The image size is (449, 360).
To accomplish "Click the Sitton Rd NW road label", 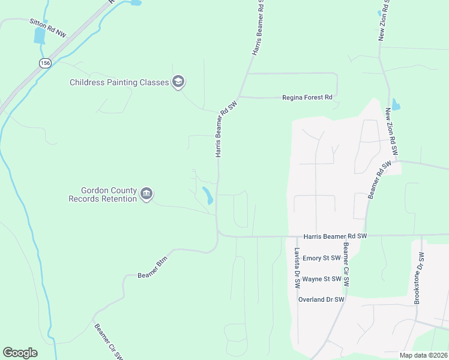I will pos(47,28).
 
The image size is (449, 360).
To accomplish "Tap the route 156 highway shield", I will pos(45,62).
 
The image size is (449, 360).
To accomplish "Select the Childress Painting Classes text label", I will pos(119,82).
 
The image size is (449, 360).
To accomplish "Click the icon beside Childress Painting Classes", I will pos(178,82).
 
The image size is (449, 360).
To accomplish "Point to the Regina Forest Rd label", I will pos(307,97).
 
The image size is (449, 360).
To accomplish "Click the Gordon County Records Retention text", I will pos(103,194).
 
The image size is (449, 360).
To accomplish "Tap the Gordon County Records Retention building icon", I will pos(146,194).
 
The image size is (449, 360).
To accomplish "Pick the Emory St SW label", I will pos(321,258).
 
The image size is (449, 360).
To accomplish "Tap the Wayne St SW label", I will pos(322,279).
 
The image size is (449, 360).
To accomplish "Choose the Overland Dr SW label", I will pos(321,299).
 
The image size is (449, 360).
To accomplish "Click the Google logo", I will pos(20,353).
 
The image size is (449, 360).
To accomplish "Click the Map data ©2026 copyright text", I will pos(423,355).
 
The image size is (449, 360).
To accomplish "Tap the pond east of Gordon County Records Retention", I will pos(208,196).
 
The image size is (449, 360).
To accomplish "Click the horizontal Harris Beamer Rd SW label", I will pos(334,236).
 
